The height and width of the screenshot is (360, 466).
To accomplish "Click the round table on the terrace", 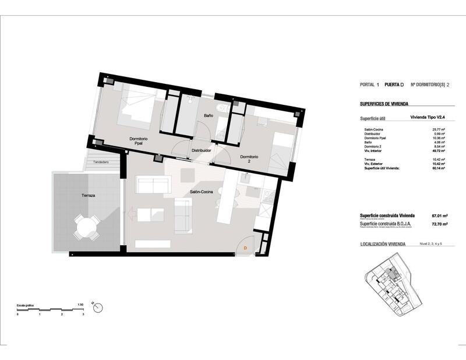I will (86, 226).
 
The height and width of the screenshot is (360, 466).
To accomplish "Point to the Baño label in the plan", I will (208, 116).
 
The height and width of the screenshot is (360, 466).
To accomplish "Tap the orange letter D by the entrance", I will (245, 248).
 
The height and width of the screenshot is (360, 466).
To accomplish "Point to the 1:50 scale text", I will (80, 304).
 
